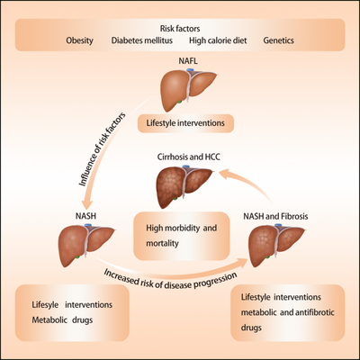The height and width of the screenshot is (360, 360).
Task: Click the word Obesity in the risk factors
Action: (x=79, y=40)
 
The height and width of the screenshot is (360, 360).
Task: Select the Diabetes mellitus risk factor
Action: (x=142, y=40)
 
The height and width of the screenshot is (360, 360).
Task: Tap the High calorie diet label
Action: (x=218, y=40)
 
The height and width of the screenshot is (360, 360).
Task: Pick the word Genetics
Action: (x=278, y=40)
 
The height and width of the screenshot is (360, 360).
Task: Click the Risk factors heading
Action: (x=180, y=29)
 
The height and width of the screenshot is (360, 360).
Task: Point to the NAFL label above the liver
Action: (x=188, y=61)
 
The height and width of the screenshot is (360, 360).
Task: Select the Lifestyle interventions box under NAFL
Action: (x=185, y=123)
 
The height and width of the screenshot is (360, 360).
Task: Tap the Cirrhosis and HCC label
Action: (x=189, y=157)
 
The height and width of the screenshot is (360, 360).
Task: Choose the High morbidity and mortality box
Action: (x=182, y=236)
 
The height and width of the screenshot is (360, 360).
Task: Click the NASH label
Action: (x=85, y=216)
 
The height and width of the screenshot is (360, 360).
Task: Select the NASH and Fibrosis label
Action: (x=275, y=216)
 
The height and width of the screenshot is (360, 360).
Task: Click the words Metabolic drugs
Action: (x=62, y=320)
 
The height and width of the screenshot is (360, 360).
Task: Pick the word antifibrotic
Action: (x=315, y=312)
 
